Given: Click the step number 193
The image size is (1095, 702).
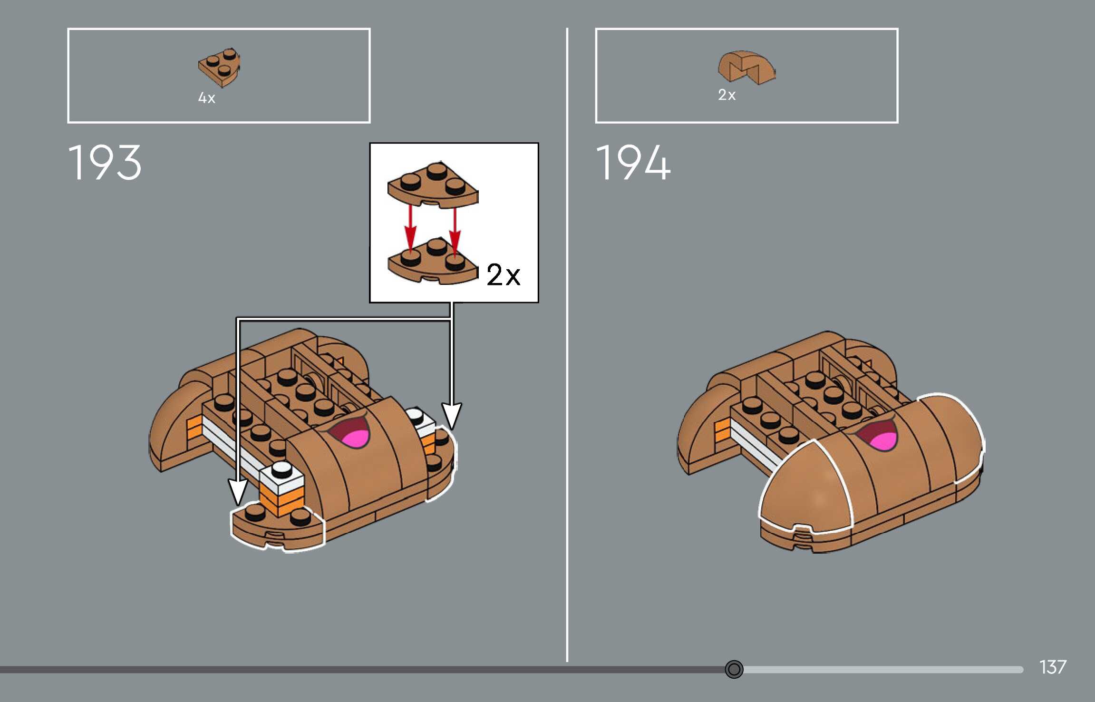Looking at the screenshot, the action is (x=105, y=163).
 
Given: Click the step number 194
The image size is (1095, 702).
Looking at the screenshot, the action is (x=633, y=163).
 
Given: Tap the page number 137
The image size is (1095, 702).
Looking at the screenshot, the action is (x=1053, y=667).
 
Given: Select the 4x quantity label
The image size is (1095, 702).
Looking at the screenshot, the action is (x=207, y=98).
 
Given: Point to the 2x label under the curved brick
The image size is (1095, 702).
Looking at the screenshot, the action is (x=727, y=95).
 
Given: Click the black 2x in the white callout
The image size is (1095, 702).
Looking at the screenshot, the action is (x=504, y=274).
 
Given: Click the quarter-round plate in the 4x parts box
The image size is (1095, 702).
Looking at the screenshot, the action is (x=219, y=67).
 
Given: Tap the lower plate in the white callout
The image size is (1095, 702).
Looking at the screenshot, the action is (x=433, y=263).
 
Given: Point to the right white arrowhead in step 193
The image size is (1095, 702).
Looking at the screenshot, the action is (x=452, y=415).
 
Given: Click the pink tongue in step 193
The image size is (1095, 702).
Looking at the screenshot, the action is (x=357, y=438).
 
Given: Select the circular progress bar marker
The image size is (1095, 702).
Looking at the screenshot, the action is (x=734, y=669).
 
